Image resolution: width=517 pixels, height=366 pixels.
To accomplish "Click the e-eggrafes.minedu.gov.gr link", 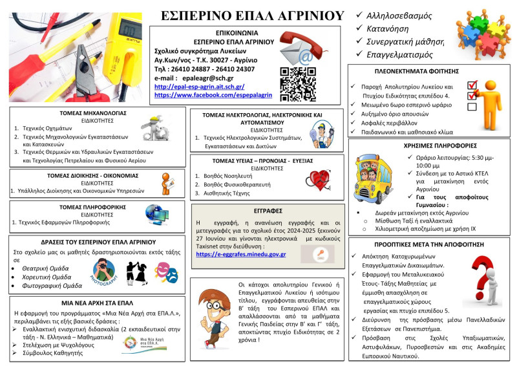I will pos(240,254).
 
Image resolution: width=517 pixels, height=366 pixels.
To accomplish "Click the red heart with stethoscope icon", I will pos(319,177).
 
